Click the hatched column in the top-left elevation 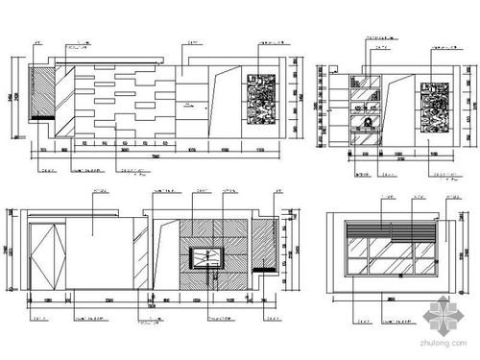tap(40, 90)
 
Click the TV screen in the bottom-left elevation tap(205, 256)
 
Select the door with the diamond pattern tap(47, 255)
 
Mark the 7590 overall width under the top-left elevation tap(154, 156)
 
